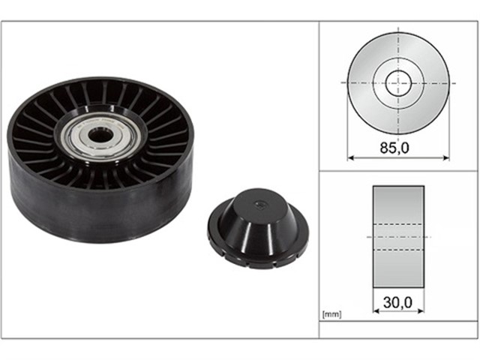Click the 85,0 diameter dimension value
394,148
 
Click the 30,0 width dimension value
397,302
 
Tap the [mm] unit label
331,314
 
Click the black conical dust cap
258,228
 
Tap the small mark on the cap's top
260,204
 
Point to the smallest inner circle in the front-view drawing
398,83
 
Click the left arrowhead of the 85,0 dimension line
351,158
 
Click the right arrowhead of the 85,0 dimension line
446,158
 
